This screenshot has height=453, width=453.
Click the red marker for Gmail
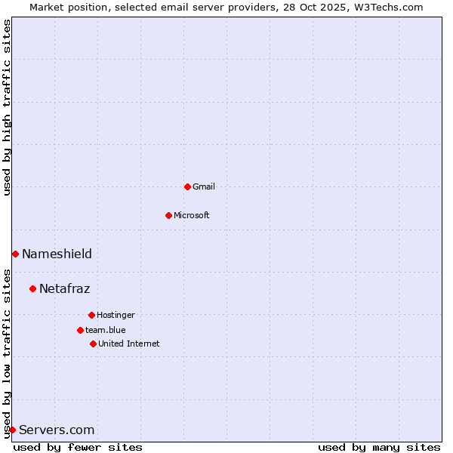(x=187, y=186)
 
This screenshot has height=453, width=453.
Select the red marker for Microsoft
(x=168, y=215)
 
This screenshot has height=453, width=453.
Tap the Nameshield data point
(x=15, y=254)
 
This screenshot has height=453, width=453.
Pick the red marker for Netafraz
(x=32, y=288)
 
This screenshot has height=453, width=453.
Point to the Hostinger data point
(x=91, y=315)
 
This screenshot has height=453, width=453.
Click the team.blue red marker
(x=80, y=330)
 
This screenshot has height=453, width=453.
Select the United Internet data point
(x=93, y=344)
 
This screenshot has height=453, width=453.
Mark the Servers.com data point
(x=12, y=430)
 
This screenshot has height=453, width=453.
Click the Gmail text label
(x=204, y=186)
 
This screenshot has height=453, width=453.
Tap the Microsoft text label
(x=192, y=215)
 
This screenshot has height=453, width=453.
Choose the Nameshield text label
(x=57, y=254)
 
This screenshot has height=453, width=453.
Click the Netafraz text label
(x=64, y=288)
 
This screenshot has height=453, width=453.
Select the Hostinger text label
(x=116, y=315)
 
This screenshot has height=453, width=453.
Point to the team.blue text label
(x=106, y=330)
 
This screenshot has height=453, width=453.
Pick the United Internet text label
(x=129, y=344)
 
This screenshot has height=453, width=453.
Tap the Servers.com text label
(x=57, y=430)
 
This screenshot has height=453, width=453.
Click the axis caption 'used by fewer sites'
(x=78, y=447)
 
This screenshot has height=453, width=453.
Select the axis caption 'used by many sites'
(x=379, y=447)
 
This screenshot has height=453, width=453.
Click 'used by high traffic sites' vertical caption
(x=7, y=107)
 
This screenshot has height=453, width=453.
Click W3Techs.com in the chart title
(x=391, y=7)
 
